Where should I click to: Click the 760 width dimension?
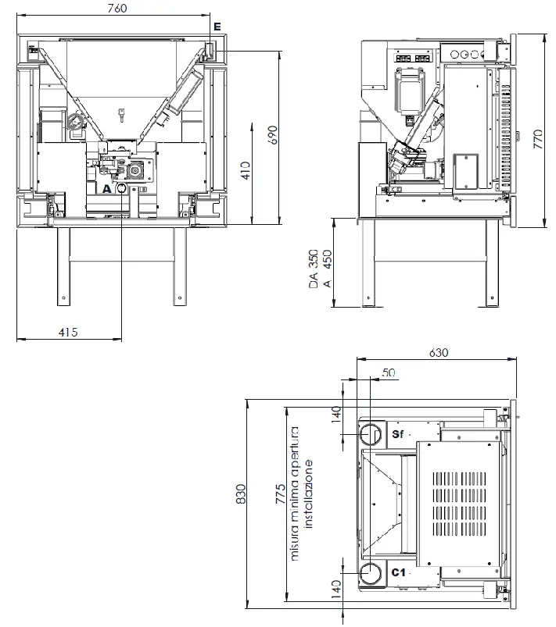coord(117,8)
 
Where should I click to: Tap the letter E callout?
coord(217,27)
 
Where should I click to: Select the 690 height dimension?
coord(272,135)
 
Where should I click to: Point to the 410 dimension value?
coord(246,170)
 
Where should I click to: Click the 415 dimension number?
coord(68,332)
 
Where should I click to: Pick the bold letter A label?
coord(106,188)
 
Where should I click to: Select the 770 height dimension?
coord(538,139)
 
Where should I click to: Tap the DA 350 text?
coord(314,269)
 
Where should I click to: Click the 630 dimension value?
coord(439,352)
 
